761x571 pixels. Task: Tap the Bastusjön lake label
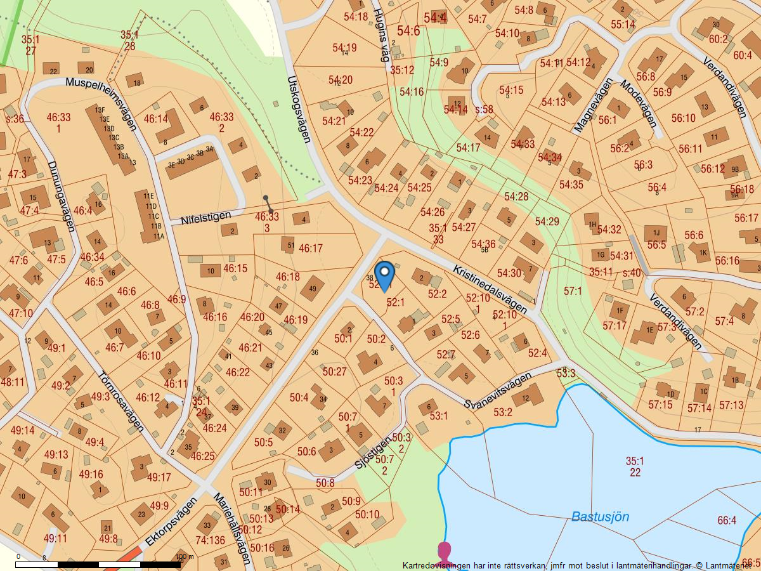pos(600,516)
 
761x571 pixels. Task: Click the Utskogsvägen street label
pos(299,109)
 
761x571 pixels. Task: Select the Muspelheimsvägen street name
pos(101,104)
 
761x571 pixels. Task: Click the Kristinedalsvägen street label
pos(490,289)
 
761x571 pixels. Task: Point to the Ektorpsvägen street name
pos(171,522)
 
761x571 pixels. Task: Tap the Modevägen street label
pos(638,103)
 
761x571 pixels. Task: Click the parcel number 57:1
pos(572,291)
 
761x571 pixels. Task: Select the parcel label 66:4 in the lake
pos(727,520)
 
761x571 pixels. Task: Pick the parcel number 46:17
pos(311,249)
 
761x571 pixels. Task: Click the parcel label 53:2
pos(502,412)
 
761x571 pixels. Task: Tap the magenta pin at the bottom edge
pos(444,551)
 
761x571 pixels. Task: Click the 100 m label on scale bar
pos(184,557)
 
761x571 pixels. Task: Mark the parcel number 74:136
pos(210,541)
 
